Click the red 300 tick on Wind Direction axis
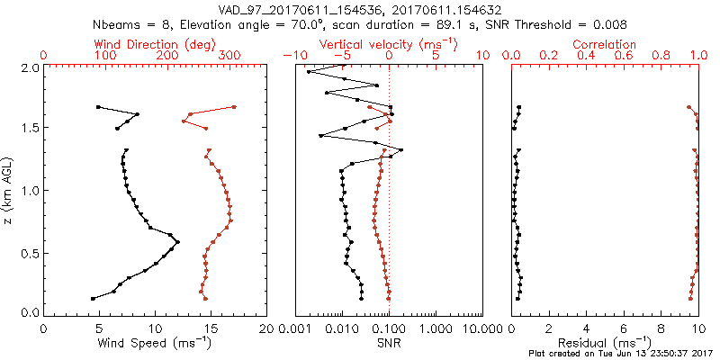[x=230, y=56]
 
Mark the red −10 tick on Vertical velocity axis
[x=292, y=56]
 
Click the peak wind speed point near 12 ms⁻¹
[x=177, y=241]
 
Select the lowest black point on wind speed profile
[x=93, y=298]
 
